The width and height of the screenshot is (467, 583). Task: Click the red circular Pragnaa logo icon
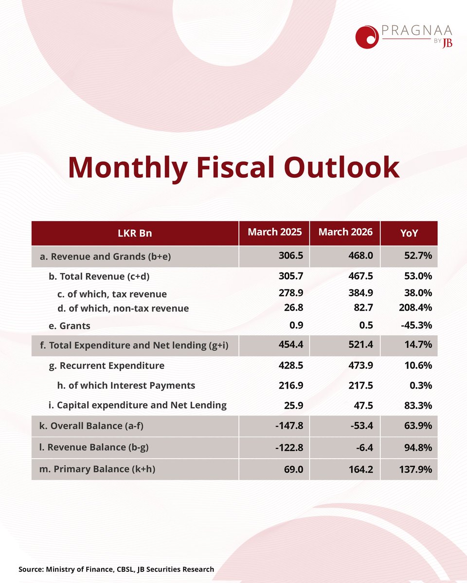[x=367, y=37]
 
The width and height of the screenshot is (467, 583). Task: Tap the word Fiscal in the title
[x=235, y=167]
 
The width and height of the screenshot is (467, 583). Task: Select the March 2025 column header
[x=275, y=232]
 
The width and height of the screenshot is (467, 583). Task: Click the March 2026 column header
[x=345, y=232]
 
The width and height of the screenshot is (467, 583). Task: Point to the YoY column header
[x=409, y=233]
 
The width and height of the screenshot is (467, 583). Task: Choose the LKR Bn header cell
[x=135, y=233]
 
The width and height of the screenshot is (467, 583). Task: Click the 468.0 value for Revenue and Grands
[x=360, y=256]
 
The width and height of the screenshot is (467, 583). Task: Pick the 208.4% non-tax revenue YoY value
[x=415, y=308]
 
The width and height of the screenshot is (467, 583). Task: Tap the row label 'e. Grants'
[x=70, y=326]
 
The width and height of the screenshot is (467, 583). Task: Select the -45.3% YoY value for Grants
[x=416, y=325]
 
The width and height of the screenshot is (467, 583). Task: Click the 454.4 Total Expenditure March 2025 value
[x=290, y=344]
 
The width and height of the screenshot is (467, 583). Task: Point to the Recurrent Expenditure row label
[x=107, y=366]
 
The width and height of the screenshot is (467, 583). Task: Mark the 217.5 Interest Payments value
[x=360, y=385]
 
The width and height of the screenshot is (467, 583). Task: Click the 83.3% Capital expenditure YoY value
[x=418, y=405]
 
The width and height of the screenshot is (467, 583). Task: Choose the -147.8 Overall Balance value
[x=289, y=426]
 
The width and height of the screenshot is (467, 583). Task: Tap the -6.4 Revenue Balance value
[x=364, y=447]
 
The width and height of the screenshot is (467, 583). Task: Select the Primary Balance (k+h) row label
[x=97, y=469]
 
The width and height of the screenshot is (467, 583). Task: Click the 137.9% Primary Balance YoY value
[x=415, y=469]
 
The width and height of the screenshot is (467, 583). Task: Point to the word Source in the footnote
[x=31, y=569]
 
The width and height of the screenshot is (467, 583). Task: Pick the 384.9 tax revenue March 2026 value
[x=360, y=292]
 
